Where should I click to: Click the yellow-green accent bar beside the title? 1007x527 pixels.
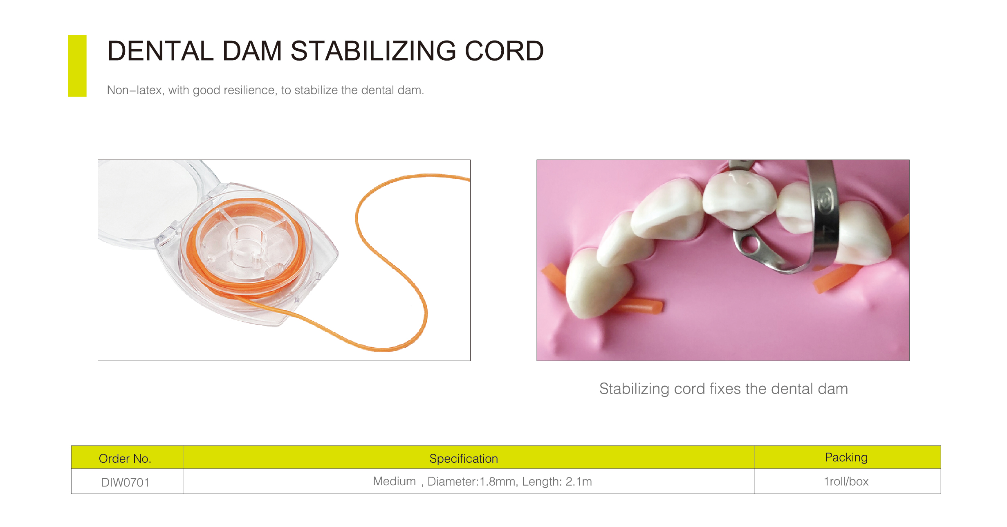[77, 66]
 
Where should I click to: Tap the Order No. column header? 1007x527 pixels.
[125, 458]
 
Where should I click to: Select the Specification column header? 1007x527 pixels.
[464, 459]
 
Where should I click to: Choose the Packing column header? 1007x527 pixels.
[846, 457]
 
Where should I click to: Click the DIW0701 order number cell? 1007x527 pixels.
[125, 482]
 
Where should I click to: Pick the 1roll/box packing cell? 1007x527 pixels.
[846, 482]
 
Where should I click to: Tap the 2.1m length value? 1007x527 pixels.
[579, 482]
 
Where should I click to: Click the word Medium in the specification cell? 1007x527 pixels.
[394, 481]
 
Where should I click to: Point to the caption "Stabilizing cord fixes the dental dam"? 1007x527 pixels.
[724, 389]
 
